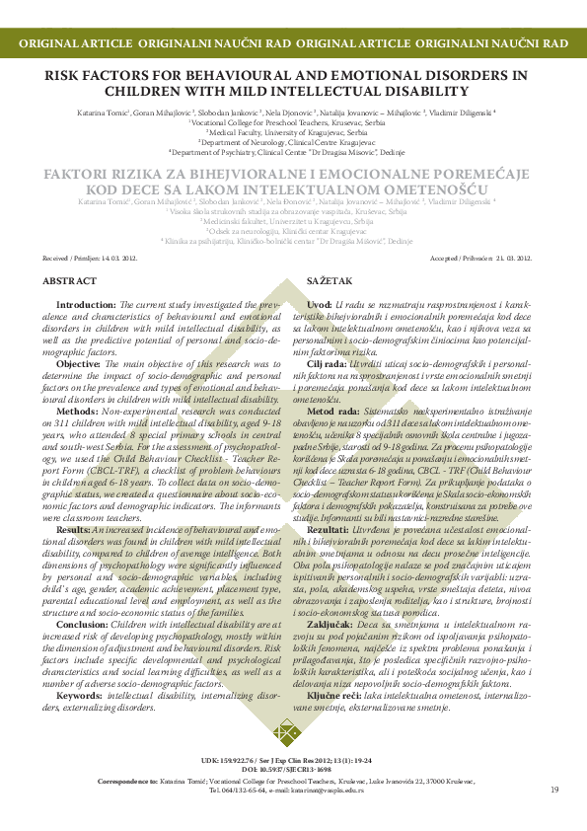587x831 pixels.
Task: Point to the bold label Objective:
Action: pyautogui.click(x=79, y=363)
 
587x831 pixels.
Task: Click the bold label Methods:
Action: pyautogui.click(x=78, y=410)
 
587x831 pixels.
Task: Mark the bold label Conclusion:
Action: pyautogui.click(x=84, y=595)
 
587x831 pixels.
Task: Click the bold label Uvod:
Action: pyautogui.click(x=319, y=305)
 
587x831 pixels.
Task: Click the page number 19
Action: pyautogui.click(x=554, y=790)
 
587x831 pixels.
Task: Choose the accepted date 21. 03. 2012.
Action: pyautogui.click(x=512, y=258)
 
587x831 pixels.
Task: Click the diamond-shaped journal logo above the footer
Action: pyautogui.click(x=286, y=734)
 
